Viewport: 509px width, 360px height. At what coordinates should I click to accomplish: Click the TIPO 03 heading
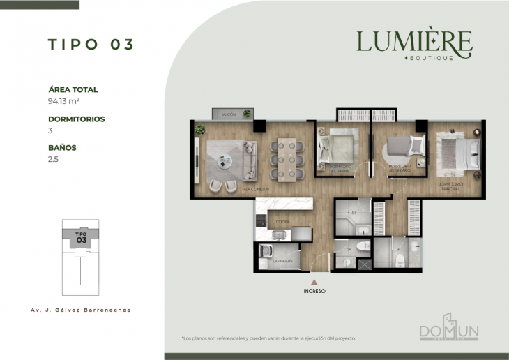pyautogui.click(x=91, y=44)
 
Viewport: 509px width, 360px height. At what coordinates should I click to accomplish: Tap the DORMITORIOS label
pyautogui.click(x=76, y=119)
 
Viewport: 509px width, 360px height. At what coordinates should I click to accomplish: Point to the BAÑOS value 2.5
pyautogui.click(x=53, y=159)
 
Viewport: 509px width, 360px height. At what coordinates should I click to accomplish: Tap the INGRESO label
pyautogui.click(x=314, y=290)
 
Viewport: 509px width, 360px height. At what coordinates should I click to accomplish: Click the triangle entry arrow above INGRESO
pyautogui.click(x=314, y=281)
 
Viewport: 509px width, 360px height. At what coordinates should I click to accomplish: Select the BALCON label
pyautogui.click(x=228, y=114)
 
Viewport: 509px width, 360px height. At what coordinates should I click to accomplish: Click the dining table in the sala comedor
pyautogui.click(x=287, y=159)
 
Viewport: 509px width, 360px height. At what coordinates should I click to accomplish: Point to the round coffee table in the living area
pyautogui.click(x=222, y=162)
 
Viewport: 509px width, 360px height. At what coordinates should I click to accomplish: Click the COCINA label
pyautogui.click(x=283, y=222)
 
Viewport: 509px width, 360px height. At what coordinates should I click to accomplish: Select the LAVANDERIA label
pyautogui.click(x=282, y=261)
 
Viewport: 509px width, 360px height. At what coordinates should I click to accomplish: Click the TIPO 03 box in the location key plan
pyautogui.click(x=81, y=237)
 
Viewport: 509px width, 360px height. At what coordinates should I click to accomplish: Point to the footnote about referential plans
pyautogui.click(x=268, y=338)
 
